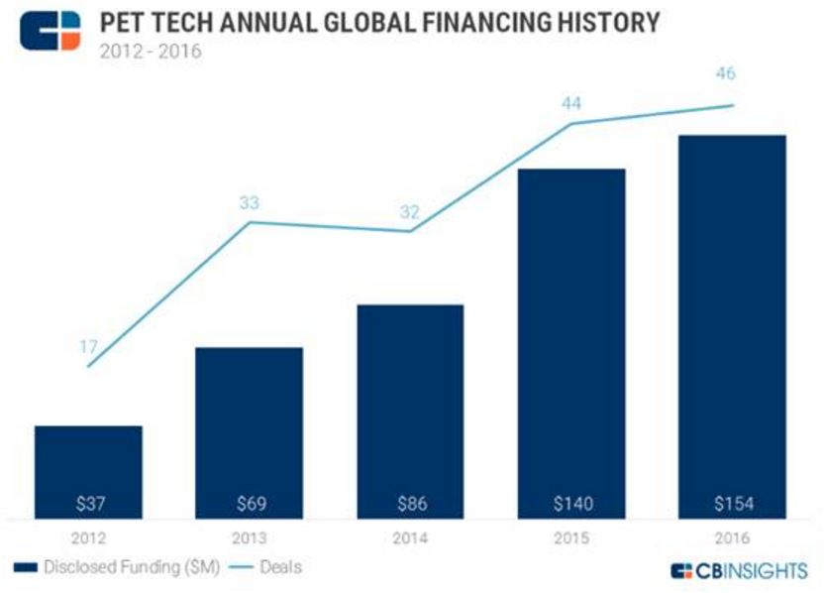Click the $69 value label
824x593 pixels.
249,504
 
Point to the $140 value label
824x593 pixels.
571,504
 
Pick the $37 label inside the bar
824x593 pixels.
87,504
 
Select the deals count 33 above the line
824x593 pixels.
249,202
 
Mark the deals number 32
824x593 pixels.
409,211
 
